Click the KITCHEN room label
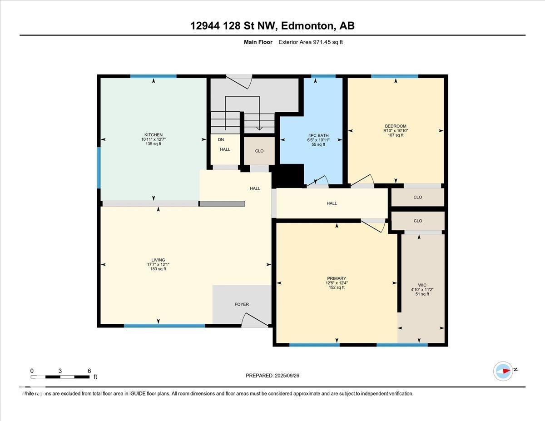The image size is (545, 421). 154,135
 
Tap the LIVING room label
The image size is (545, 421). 158,260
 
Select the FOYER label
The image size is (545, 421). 242,304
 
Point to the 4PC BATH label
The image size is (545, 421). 318,135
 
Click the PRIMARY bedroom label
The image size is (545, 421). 337,278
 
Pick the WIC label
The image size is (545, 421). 422,285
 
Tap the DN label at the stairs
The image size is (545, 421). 221,140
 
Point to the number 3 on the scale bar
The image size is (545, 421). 60,371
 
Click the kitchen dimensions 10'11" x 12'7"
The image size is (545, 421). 154,139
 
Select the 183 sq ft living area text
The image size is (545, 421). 158,269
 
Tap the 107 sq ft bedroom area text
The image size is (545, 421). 396,135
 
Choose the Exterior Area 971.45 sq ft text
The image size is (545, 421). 311,42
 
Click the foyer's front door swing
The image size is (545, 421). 255,320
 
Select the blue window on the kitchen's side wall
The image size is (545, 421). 99,168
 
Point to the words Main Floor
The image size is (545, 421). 258,42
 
